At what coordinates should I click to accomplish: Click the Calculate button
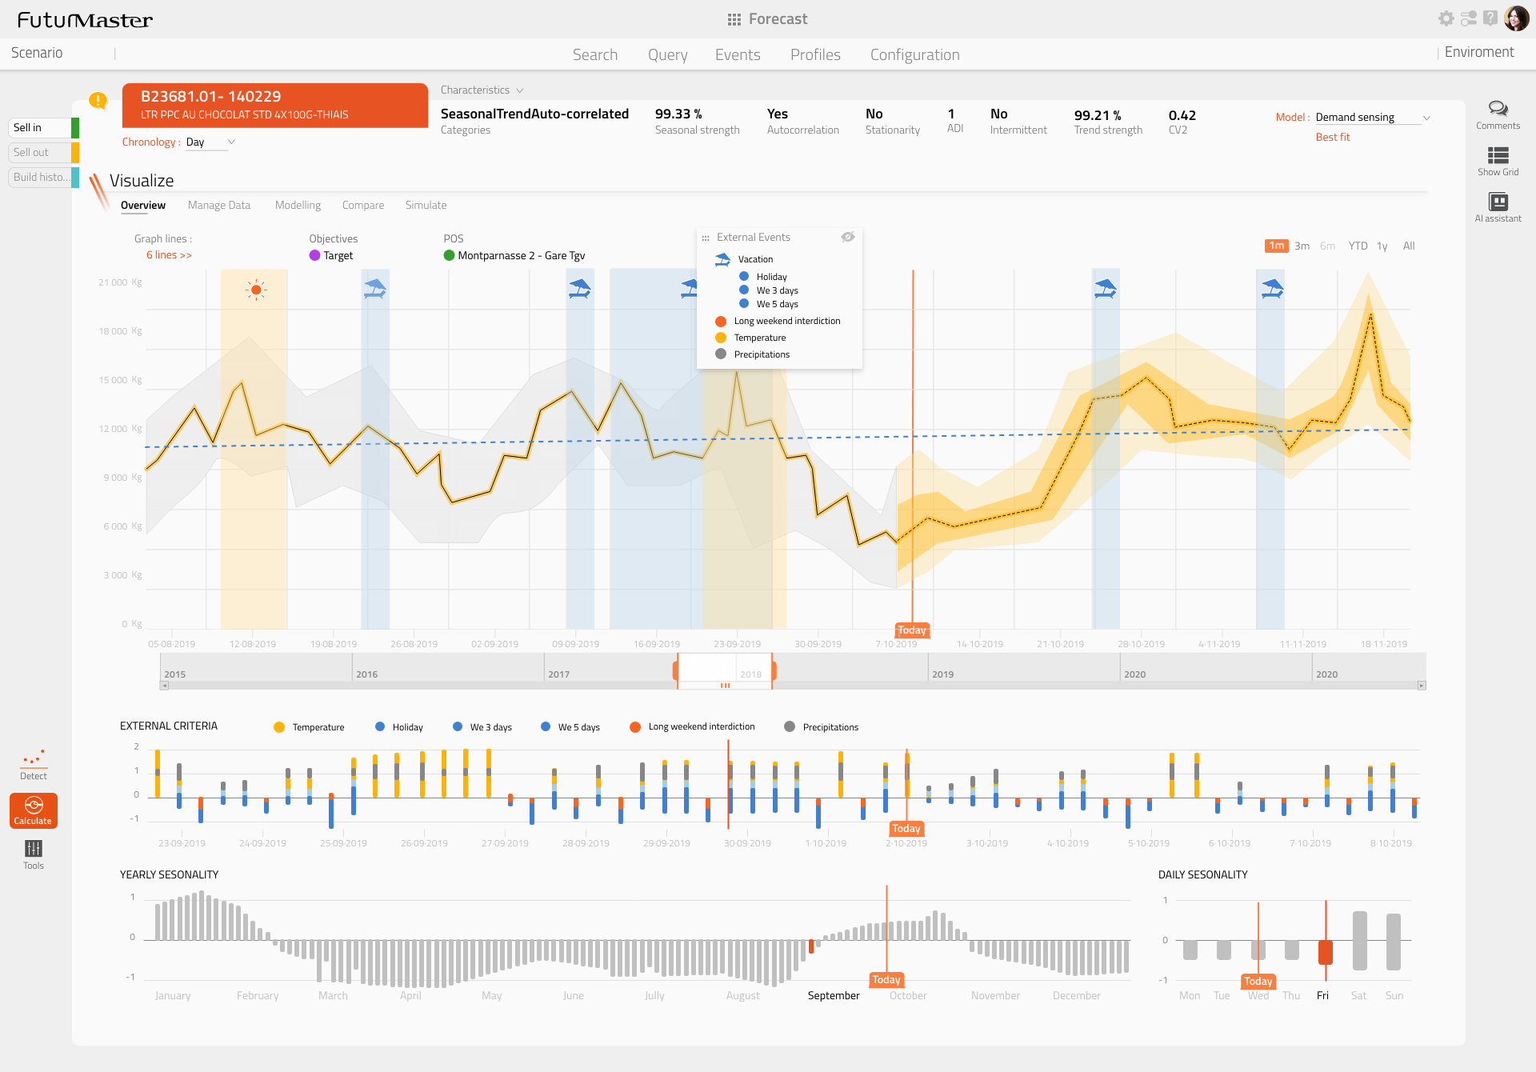tap(34, 810)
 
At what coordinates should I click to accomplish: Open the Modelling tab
tap(298, 206)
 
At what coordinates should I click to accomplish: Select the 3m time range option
tap(1302, 246)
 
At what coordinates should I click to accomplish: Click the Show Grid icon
tap(1498, 156)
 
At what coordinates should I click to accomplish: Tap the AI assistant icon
tap(1498, 202)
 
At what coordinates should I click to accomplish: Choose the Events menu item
tap(737, 54)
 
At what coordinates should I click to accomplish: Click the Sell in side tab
tap(40, 128)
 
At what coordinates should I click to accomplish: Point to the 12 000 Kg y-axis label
tap(120, 429)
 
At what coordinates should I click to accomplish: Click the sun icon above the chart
tap(255, 290)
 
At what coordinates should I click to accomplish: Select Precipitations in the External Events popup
tap(761, 354)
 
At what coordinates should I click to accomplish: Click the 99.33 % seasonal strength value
tap(678, 114)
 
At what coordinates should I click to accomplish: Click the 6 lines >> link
tap(169, 255)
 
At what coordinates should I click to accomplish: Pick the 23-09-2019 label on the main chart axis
tap(737, 644)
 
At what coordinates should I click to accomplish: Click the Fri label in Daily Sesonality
tap(1322, 996)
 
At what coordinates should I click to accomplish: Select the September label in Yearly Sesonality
tap(833, 996)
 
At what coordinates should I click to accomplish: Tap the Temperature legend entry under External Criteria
tap(318, 727)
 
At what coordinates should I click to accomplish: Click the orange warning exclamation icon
tap(98, 101)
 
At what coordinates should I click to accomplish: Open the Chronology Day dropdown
tap(210, 142)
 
